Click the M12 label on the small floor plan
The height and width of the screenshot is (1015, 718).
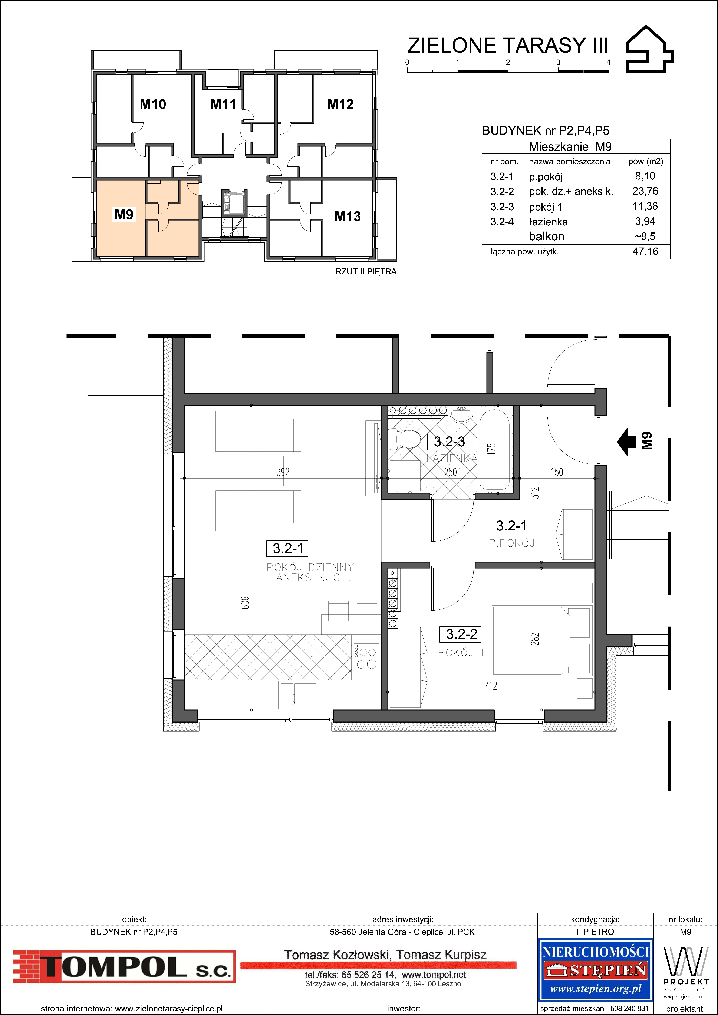pos(340,104)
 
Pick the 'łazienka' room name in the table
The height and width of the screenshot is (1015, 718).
pos(548,222)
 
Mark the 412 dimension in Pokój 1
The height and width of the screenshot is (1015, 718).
pos(491,686)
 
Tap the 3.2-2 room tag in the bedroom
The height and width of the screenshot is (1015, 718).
pos(462,634)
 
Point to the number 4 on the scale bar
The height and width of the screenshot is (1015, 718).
pos(608,62)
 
